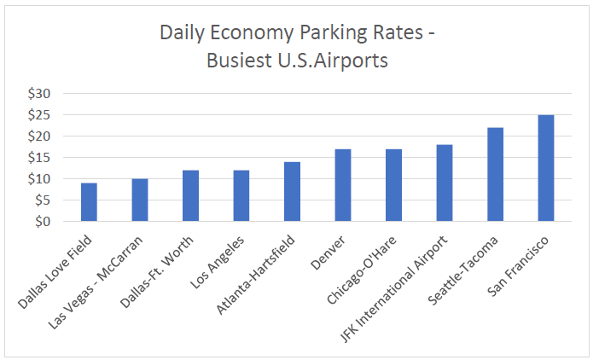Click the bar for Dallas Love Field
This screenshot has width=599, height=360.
[x=90, y=202]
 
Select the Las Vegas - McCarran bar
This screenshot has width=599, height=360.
[x=140, y=200]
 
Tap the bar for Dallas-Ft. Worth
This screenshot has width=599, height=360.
[x=191, y=196]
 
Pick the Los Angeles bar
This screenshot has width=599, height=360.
[x=241, y=196]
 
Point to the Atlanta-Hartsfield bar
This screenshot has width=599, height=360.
[x=293, y=192]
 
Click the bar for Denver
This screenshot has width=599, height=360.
[x=343, y=185]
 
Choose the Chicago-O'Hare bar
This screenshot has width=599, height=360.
[x=393, y=185]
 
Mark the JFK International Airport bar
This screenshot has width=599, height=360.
[x=445, y=183]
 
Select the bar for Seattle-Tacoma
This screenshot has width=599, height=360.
[x=495, y=175]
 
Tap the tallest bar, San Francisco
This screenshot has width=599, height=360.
[x=546, y=168]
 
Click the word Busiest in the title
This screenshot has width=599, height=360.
[x=241, y=61]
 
